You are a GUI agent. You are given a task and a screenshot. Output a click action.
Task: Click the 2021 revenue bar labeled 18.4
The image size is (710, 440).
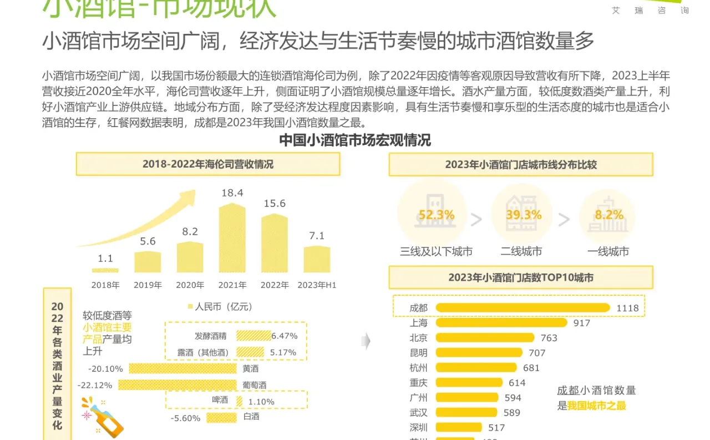[232, 239]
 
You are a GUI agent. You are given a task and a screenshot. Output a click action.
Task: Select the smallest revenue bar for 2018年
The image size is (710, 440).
[105, 270]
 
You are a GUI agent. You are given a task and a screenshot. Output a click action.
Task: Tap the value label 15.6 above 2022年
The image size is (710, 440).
[275, 204]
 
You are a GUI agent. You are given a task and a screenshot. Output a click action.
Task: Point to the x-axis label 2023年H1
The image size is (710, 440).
[317, 285]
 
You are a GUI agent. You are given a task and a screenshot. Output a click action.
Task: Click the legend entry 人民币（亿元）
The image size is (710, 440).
[220, 306]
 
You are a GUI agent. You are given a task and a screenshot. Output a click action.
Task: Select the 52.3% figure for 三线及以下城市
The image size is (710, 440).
[436, 215]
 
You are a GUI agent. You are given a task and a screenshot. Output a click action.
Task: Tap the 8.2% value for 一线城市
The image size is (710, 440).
[608, 215]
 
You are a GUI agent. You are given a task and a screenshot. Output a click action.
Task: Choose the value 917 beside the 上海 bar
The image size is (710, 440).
[582, 323]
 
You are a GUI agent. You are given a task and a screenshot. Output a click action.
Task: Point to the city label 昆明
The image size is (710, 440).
[418, 353]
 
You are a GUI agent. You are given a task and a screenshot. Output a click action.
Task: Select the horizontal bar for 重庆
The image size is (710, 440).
[469, 383]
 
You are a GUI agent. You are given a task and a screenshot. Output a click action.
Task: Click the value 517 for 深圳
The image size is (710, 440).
[496, 428]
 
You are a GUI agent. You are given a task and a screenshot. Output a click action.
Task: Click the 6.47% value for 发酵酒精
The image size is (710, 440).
[284, 336]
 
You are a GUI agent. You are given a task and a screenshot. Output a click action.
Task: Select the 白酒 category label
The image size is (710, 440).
[251, 417]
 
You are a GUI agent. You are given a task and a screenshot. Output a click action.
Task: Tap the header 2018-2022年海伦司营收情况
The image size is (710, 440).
[207, 164]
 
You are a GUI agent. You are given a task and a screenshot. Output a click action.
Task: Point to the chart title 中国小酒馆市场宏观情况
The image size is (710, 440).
[354, 140]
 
